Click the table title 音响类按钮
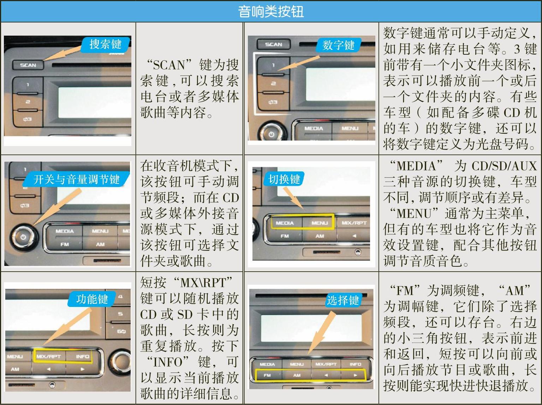(271, 11)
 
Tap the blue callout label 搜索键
(106, 45)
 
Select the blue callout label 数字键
(338, 45)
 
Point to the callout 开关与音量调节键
(76, 179)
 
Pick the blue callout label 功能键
(92, 299)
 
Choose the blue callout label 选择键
(343, 300)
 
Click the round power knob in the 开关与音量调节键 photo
(24, 237)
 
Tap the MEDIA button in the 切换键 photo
(285, 223)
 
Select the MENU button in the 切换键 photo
(319, 223)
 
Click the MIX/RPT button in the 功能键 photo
(49, 356)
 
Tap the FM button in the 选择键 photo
(267, 375)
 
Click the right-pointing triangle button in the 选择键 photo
(355, 375)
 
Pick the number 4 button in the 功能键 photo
(120, 297)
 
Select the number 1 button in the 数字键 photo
(273, 65)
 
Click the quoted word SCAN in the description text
(169, 65)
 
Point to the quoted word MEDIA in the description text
(416, 166)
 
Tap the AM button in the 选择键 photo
(297, 375)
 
